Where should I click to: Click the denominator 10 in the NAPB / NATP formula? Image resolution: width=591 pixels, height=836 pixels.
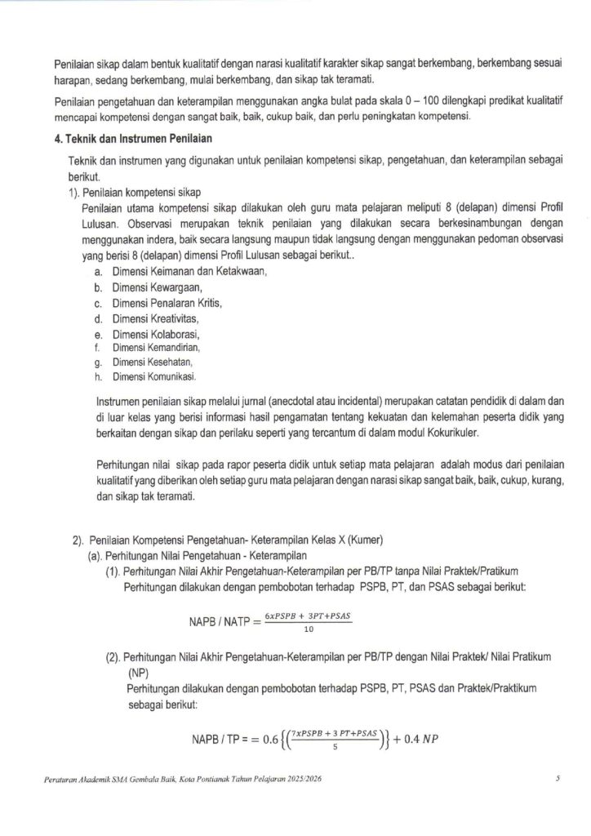coord(308,629)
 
